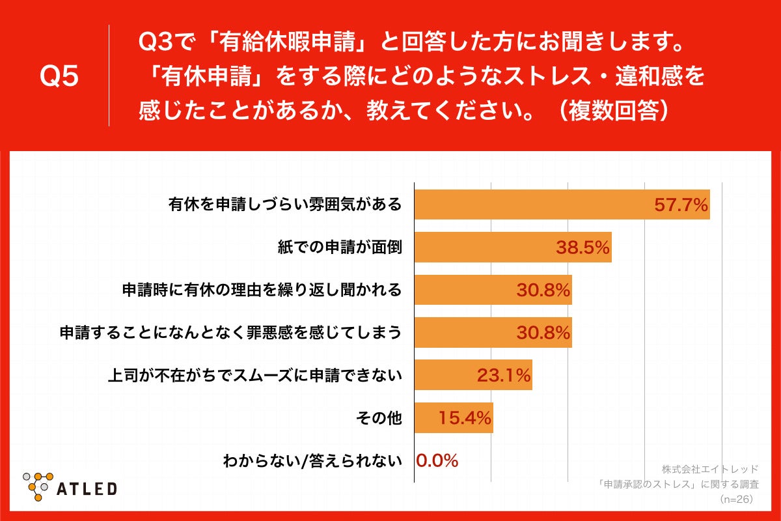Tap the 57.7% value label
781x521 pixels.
(680, 206)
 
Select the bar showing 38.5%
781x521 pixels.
(513, 247)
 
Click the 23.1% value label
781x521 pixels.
(504, 375)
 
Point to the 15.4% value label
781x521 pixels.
(465, 417)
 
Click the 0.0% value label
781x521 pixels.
(437, 460)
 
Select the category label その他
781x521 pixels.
(379, 418)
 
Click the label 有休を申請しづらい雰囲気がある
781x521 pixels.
(284, 206)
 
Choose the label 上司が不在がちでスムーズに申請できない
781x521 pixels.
(254, 376)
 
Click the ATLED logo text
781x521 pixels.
(87, 488)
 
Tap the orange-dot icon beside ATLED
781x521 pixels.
(38, 485)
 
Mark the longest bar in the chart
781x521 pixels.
(562, 205)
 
